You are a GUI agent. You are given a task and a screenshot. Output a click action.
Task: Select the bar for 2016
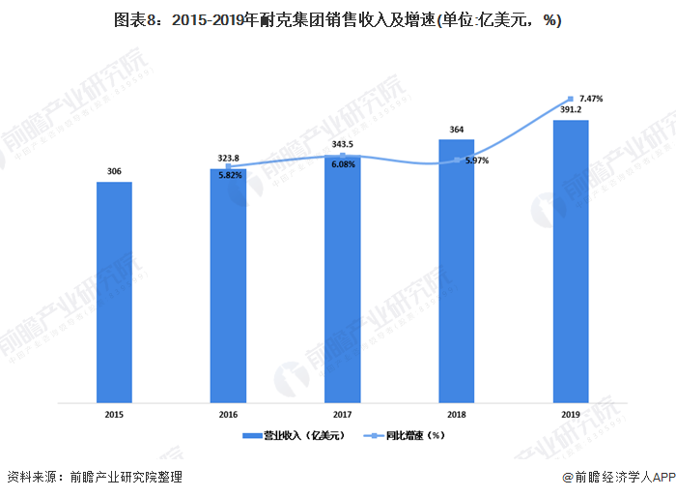[228, 285]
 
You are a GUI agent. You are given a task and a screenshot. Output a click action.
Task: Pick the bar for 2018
[456, 271]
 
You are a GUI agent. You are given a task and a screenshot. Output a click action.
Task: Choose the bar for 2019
[570, 261]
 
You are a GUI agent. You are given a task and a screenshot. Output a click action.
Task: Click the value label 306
[114, 171]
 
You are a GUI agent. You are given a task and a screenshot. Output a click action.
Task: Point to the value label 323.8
[228, 157]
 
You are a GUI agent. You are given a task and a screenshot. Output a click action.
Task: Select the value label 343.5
[342, 143]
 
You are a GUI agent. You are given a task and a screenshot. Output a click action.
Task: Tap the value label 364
[456, 129]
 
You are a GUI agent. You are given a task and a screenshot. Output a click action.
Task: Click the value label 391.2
[570, 110]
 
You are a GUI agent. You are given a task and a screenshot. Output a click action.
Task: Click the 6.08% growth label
[343, 164]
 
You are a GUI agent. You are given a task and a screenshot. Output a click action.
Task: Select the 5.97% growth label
[476, 161]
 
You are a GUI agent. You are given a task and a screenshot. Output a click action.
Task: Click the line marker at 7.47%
[571, 99]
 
